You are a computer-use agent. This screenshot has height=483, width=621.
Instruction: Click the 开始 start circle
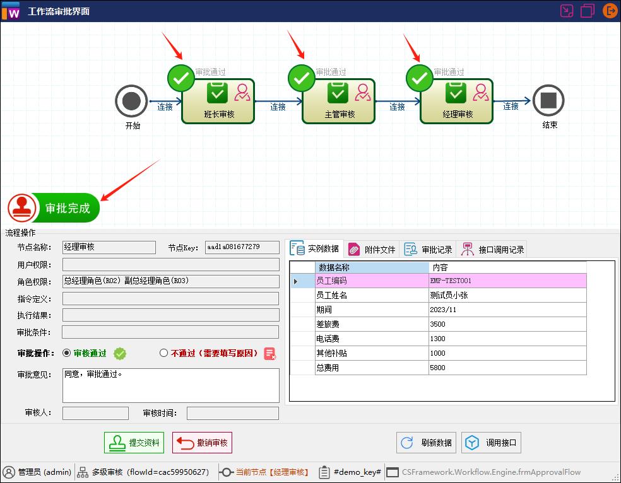131,101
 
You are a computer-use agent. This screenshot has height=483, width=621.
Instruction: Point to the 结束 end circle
548,100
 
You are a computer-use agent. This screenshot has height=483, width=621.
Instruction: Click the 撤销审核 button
203,443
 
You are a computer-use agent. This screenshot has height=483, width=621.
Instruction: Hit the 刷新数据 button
427,443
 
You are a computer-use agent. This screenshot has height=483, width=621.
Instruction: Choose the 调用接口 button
492,443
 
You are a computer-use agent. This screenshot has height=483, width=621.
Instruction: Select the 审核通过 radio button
67,354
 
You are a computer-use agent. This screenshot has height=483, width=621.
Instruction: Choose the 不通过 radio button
164,354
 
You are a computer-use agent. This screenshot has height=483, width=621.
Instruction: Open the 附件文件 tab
372,249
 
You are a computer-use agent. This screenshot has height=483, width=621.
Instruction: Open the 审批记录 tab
429,249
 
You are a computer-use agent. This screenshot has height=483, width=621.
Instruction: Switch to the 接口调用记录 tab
492,249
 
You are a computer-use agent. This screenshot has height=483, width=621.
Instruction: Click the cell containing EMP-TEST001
507,281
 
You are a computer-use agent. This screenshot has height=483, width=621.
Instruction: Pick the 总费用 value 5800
507,368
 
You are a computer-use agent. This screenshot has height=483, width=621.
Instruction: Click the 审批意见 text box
170,385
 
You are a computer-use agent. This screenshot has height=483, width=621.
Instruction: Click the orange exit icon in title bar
610,11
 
